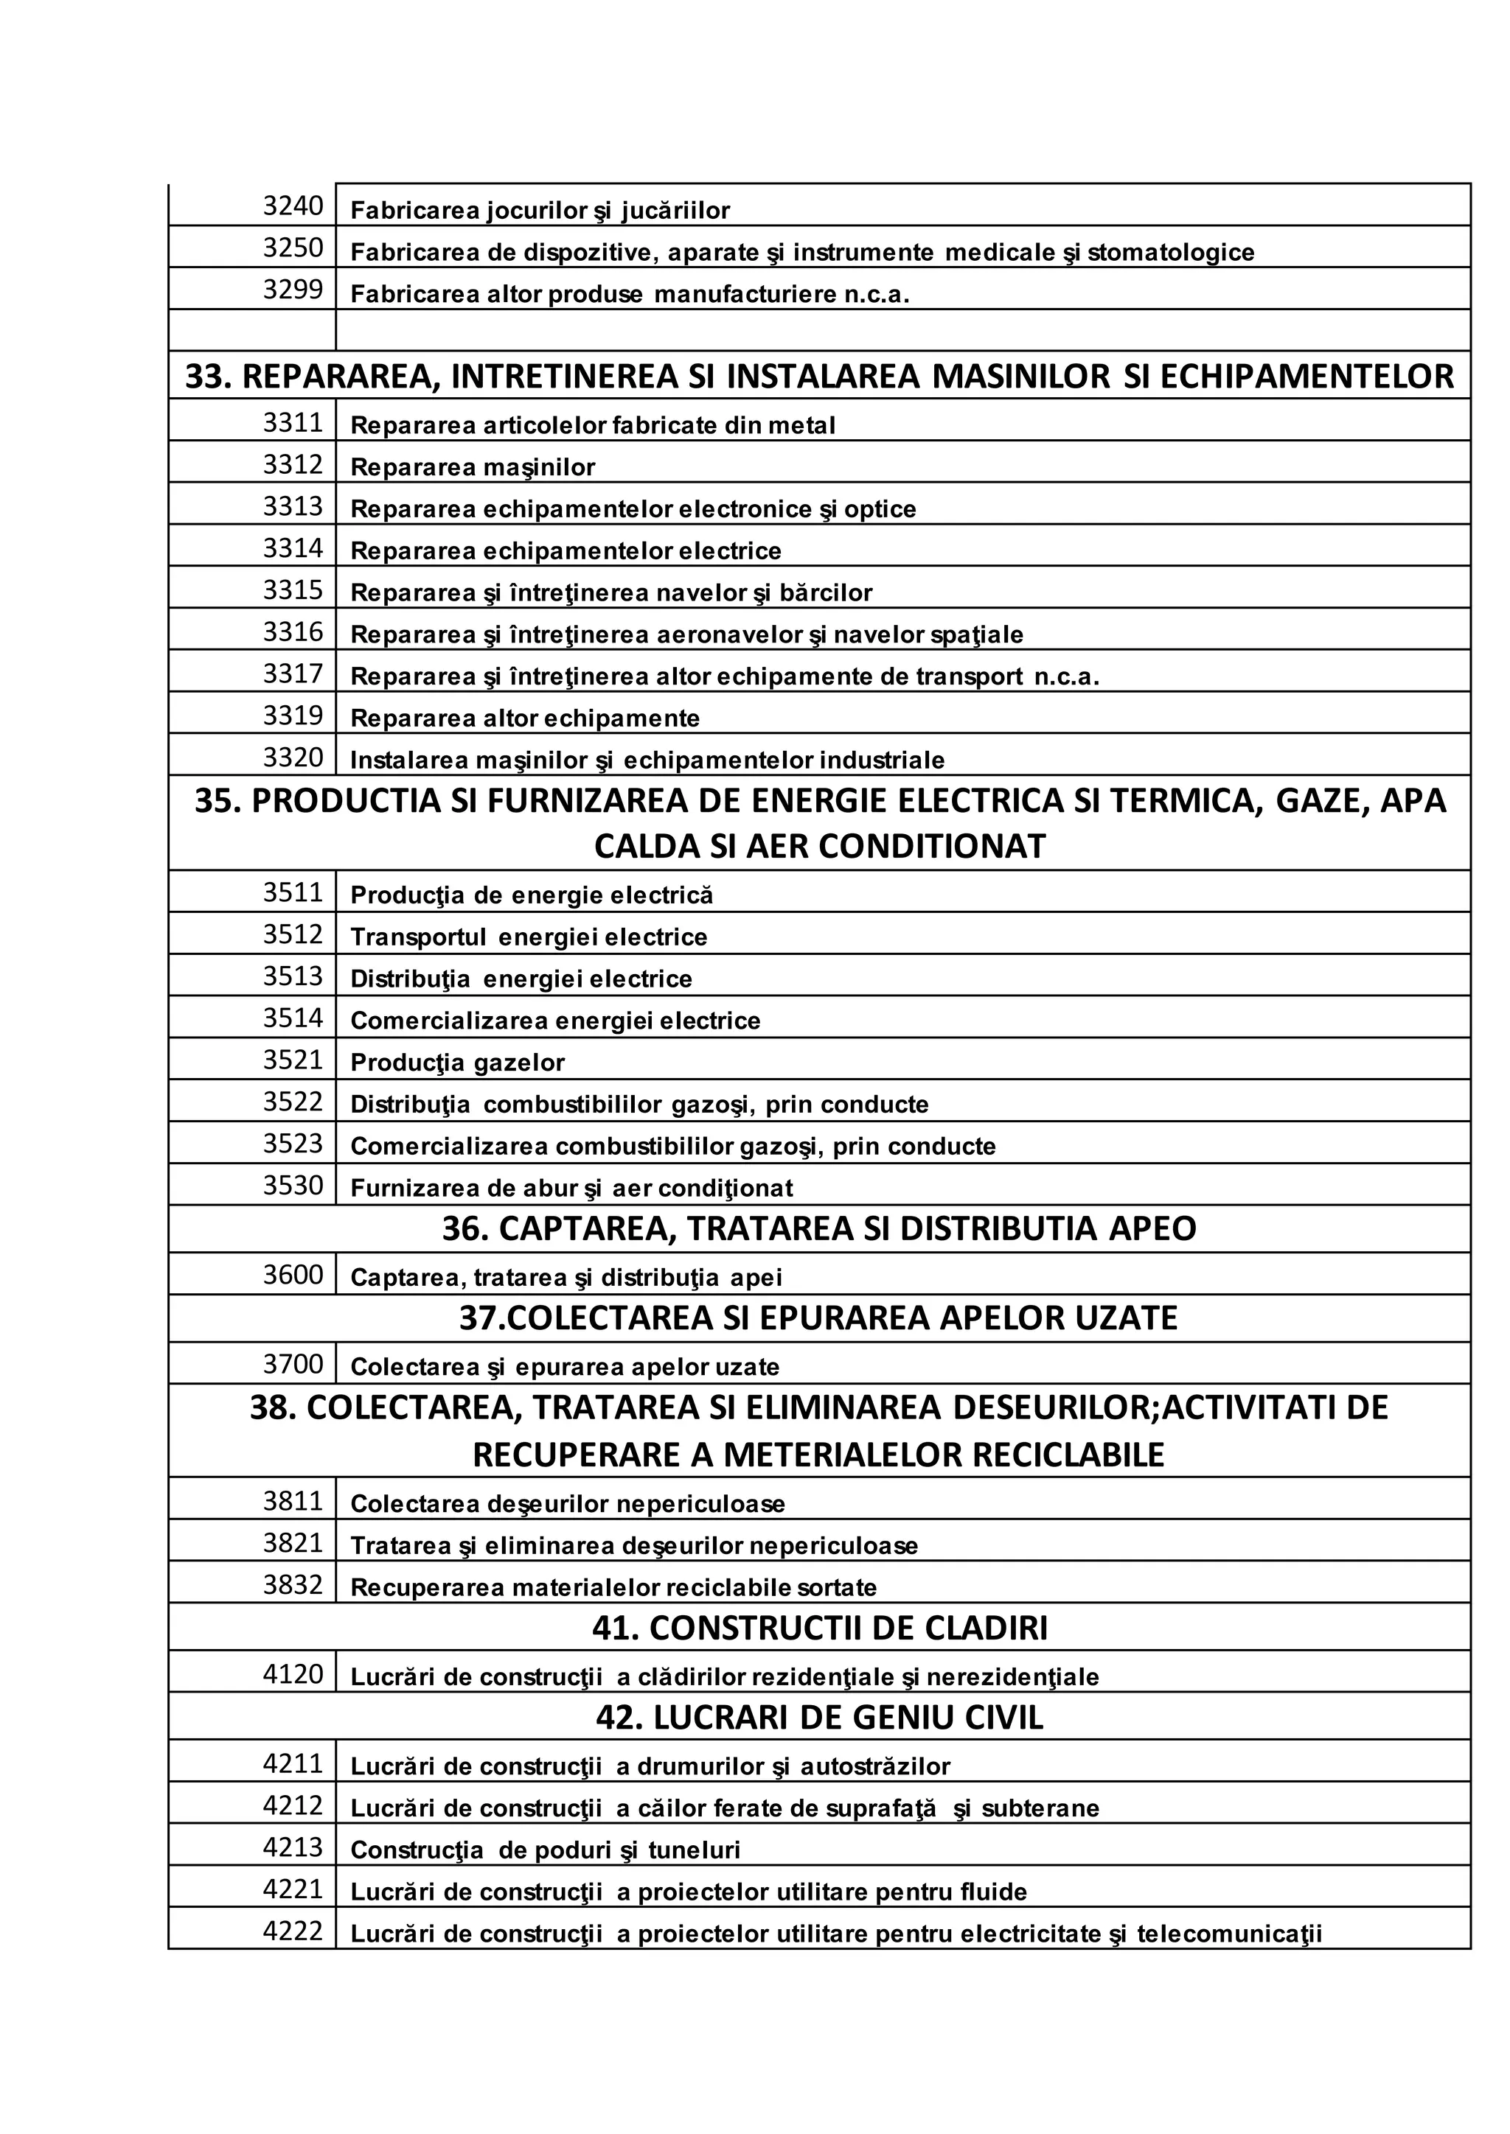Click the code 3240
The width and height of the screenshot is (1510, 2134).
pos(292,206)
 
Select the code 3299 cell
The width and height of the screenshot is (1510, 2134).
pos(292,290)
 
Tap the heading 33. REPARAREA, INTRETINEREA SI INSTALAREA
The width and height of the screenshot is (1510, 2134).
pos(819,377)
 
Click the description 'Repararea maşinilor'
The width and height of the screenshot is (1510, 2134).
pos(473,467)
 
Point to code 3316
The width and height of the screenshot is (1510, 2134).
pos(292,632)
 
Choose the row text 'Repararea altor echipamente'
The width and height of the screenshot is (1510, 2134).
pos(524,718)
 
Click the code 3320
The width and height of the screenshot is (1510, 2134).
pos(292,758)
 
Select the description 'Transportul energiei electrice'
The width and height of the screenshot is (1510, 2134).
pos(528,937)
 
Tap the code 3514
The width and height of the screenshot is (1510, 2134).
pos(292,1018)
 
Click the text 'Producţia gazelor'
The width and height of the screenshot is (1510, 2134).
pos(456,1063)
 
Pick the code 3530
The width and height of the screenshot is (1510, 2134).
pos(292,1185)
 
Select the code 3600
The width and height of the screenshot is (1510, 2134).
pos(292,1274)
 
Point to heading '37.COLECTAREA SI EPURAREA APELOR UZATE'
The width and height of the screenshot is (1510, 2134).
pos(818,1318)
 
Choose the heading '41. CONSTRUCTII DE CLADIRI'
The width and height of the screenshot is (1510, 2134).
pos(819,1628)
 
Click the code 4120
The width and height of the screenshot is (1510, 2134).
pos(292,1674)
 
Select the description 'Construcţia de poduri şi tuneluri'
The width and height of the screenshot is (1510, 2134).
pos(545,1850)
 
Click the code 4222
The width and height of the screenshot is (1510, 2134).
pos(292,1931)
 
